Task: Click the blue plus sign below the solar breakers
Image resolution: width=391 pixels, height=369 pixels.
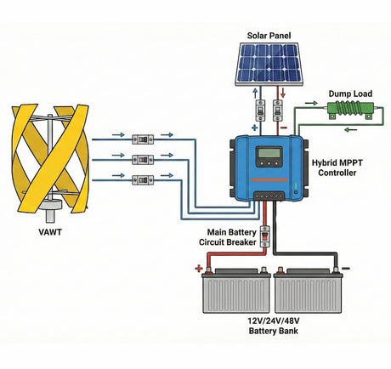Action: click(253, 128)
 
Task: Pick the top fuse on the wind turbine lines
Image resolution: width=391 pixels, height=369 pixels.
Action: click(143, 136)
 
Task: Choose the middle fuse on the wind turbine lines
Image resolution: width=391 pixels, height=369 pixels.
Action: click(143, 158)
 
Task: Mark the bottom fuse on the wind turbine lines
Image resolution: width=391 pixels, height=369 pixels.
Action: click(143, 179)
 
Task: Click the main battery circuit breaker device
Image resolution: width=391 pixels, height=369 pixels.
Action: click(263, 231)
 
